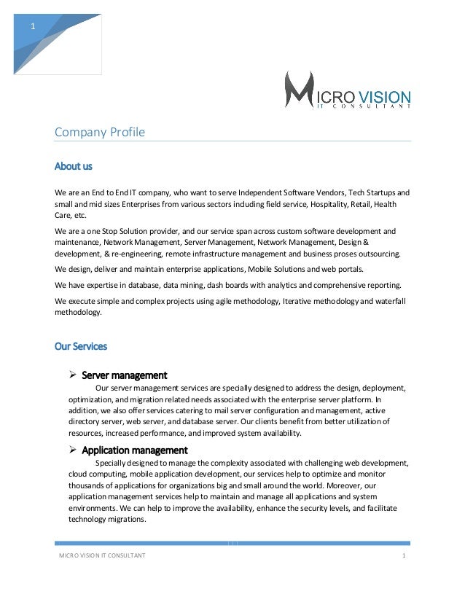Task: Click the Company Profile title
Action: pyautogui.click(x=100, y=132)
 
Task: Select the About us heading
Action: pyautogui.click(x=74, y=166)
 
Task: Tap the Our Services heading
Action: pyautogui.click(x=81, y=346)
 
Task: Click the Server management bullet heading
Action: pyautogui.click(x=124, y=375)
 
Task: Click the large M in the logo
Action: pyautogui.click(x=299, y=90)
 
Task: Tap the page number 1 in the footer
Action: pyautogui.click(x=403, y=556)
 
